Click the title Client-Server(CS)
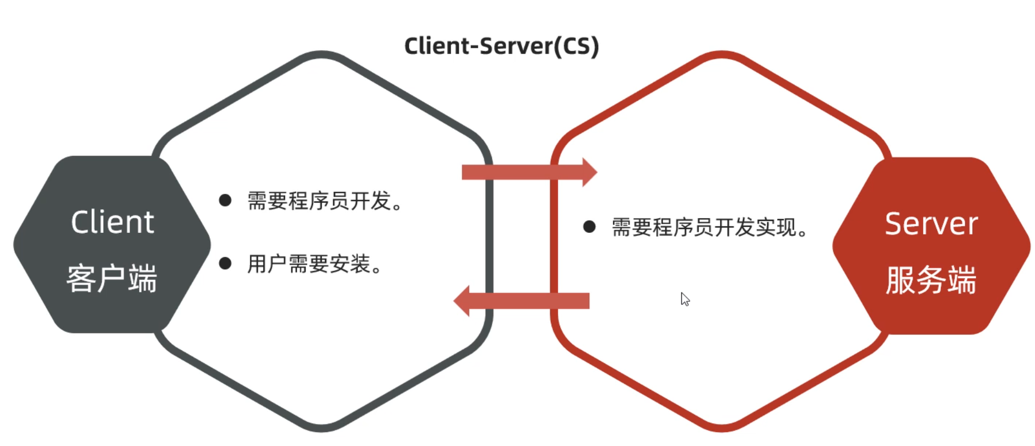pyautogui.click(x=501, y=46)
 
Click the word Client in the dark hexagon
pyautogui.click(x=112, y=222)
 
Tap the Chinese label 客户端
pyautogui.click(x=112, y=279)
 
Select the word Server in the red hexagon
pyautogui.click(x=931, y=224)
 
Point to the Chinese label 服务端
pyautogui.click(x=931, y=280)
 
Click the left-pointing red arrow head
pyautogui.click(x=462, y=301)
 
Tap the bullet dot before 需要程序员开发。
pyautogui.click(x=225, y=200)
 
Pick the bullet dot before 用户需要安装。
pyautogui.click(x=225, y=263)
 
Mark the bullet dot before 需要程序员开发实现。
pyautogui.click(x=589, y=226)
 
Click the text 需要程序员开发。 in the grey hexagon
pyautogui.click(x=325, y=201)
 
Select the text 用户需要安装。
pyautogui.click(x=315, y=264)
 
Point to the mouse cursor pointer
pyautogui.click(x=685, y=299)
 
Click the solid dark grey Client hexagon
pyautogui.click(x=112, y=245)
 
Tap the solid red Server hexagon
pyautogui.click(x=931, y=246)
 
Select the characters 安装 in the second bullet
pyautogui.click(x=350, y=264)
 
